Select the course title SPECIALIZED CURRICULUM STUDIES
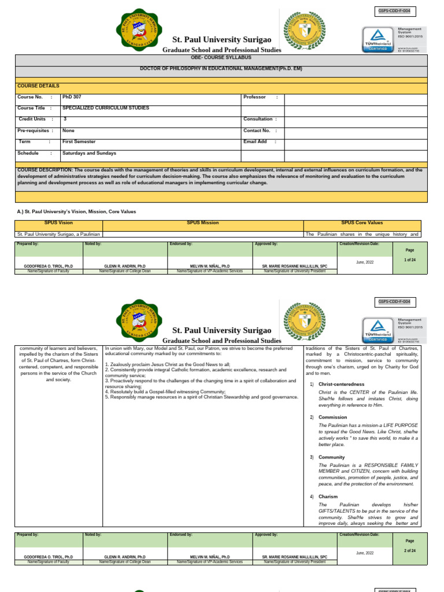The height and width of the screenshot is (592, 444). coord(109,108)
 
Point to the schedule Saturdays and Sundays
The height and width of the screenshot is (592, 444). coord(93,153)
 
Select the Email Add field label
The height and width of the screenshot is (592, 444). coord(255,142)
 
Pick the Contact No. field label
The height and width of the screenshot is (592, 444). coord(257,131)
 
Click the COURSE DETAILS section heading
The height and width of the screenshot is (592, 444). coord(38,86)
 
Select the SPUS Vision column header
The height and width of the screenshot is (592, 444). coord(58,223)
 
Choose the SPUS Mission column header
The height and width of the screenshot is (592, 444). coord(202,223)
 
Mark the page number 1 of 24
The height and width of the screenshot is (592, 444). coord(410,260)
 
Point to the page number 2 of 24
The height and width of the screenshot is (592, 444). coord(410,551)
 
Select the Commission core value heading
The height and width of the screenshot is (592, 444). coord(332,417)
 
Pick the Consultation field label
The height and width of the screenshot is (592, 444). coord(260,119)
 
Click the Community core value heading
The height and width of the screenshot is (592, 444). coord(331,457)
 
